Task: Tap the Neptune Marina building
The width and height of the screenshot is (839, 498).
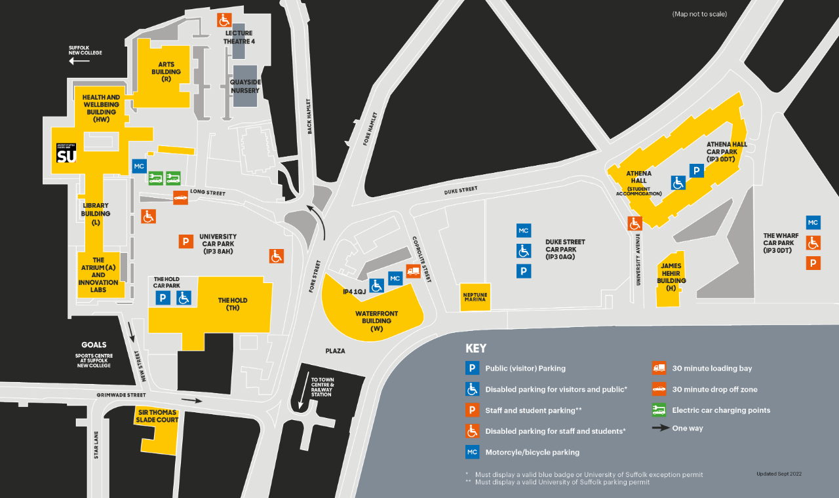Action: click(x=475, y=297)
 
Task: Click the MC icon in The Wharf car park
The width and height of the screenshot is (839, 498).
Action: click(x=813, y=223)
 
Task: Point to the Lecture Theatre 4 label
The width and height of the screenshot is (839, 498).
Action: click(x=239, y=37)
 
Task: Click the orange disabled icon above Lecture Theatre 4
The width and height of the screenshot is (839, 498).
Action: click(x=224, y=20)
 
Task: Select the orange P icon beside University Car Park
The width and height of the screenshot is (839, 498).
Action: click(x=186, y=242)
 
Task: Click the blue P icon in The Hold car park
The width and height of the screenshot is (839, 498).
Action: click(x=163, y=298)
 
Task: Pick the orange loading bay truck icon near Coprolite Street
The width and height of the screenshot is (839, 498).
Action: click(x=413, y=271)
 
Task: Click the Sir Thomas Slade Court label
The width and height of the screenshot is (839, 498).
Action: click(x=158, y=416)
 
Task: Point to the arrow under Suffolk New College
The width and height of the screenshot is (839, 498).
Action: click(x=79, y=61)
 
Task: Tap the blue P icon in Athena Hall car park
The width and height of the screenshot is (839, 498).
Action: click(x=697, y=171)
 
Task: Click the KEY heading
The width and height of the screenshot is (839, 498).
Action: click(x=476, y=349)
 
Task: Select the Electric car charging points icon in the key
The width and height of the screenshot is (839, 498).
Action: click(x=659, y=410)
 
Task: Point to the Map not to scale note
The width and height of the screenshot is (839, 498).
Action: click(x=699, y=14)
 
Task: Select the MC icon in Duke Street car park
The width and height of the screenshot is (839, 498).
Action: click(x=523, y=231)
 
